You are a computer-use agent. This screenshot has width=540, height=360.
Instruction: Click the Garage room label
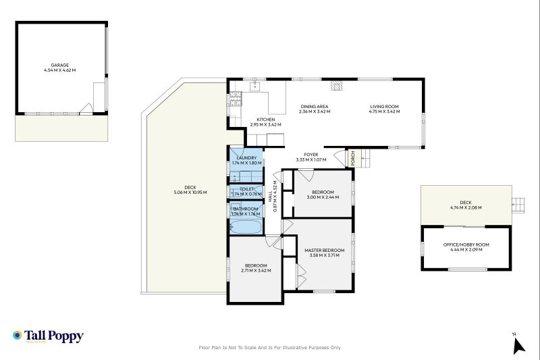pyautogui.click(x=60, y=65)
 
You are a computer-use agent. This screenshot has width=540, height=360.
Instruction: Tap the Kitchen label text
pyautogui.click(x=265, y=120)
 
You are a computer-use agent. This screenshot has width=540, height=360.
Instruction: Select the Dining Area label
pyautogui.click(x=314, y=107)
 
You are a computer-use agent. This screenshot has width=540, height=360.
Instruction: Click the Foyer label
pyautogui.click(x=310, y=155)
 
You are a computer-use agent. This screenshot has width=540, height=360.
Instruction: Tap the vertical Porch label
pyautogui.click(x=353, y=158)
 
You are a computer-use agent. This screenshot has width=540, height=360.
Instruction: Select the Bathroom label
pyautogui.click(x=246, y=209)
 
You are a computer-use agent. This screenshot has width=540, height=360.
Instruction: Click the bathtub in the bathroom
pyautogui.click(x=245, y=226)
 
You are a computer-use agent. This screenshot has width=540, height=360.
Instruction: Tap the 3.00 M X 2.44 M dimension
pyautogui.click(x=323, y=197)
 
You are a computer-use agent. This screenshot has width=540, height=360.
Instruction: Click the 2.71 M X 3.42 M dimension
pyautogui.click(x=255, y=271)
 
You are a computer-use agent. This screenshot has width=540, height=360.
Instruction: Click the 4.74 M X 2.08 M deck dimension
pyautogui.click(x=466, y=207)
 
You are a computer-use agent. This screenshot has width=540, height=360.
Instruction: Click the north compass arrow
pyautogui.click(x=518, y=345)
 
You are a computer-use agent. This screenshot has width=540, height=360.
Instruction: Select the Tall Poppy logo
pyautogui.click(x=48, y=336)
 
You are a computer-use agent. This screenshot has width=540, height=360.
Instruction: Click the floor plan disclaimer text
pyautogui.click(x=269, y=348)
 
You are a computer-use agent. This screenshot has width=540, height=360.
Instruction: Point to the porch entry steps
pyautogui.click(x=364, y=159)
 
